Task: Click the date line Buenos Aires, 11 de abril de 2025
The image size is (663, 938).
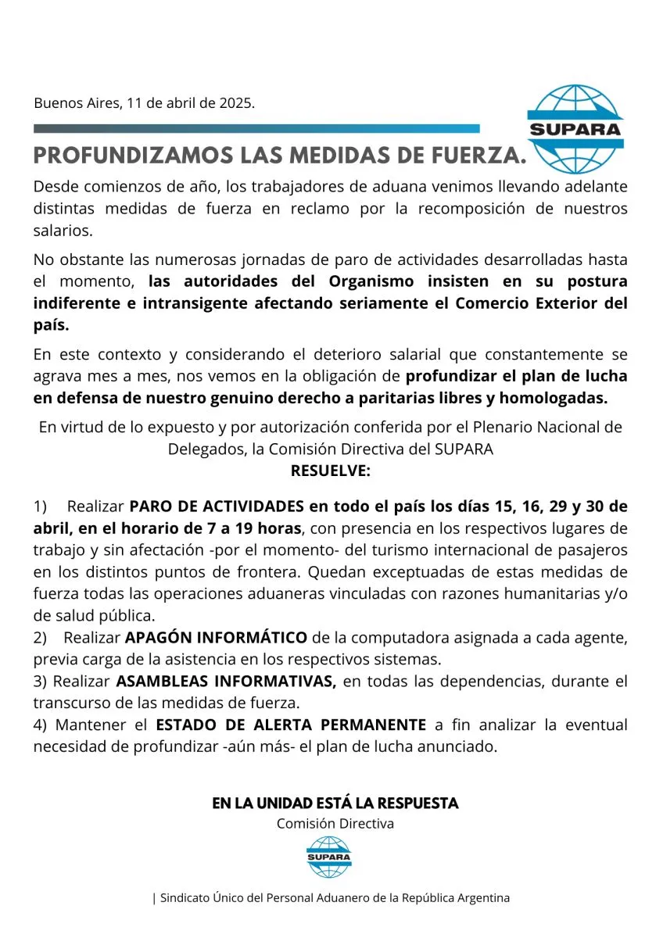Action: (x=144, y=103)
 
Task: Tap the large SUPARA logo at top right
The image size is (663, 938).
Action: (x=575, y=129)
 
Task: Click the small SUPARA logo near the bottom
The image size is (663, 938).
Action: (x=329, y=857)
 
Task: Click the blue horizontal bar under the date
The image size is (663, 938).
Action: (x=256, y=128)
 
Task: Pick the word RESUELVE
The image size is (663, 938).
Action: (x=331, y=471)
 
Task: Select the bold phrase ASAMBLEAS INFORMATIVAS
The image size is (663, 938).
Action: (x=226, y=681)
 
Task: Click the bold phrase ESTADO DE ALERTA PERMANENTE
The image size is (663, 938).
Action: (x=291, y=725)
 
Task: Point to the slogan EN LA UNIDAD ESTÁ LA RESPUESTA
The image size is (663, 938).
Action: (x=335, y=803)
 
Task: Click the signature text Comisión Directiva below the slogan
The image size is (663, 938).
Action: (x=335, y=823)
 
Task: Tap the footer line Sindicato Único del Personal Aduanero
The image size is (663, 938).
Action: (x=331, y=898)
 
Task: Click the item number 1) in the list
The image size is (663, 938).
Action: (x=41, y=506)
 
